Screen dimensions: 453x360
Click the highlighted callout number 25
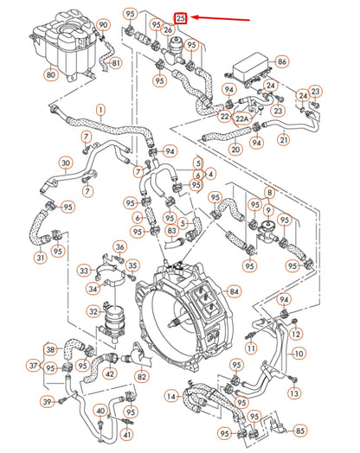(x=180, y=17)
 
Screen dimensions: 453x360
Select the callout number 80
(x=50, y=75)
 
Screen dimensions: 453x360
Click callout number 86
(x=281, y=61)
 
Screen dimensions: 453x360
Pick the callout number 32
(x=93, y=311)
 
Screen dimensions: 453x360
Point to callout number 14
(x=171, y=395)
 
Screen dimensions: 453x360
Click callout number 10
(x=299, y=354)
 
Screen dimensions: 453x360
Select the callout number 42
(x=110, y=374)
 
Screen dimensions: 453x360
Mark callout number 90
(x=103, y=26)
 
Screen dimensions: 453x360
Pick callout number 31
(x=41, y=257)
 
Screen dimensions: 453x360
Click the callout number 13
(x=296, y=394)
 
